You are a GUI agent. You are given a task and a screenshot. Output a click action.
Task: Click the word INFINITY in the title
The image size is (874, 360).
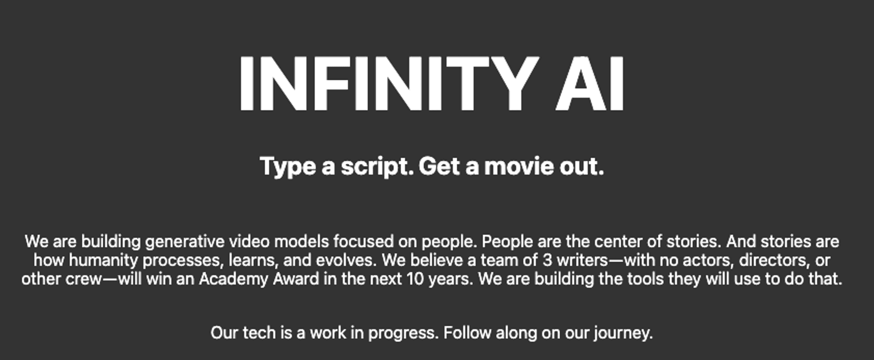coord(388,84)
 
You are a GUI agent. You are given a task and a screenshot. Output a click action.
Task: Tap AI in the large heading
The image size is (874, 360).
coord(590,84)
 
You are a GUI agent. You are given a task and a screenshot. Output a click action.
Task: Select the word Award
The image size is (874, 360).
coord(296,279)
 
